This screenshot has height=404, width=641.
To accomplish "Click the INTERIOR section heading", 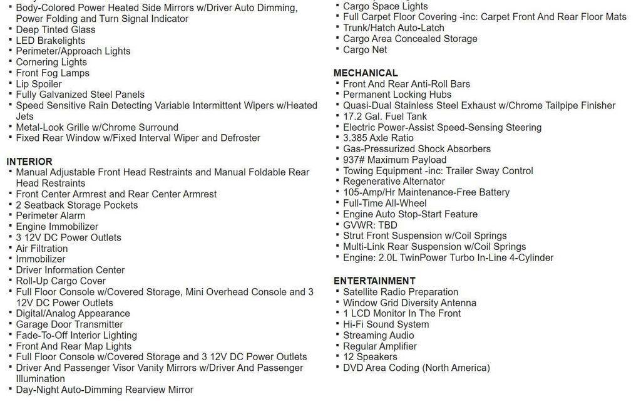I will [29, 162].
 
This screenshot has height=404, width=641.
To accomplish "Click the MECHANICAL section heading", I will [366, 73].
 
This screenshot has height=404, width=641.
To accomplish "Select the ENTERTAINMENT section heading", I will [374, 281].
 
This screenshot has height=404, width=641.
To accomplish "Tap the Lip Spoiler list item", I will [39, 84].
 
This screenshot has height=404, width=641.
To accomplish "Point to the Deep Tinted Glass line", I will [56, 30].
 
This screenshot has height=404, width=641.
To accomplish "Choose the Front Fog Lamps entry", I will [53, 73].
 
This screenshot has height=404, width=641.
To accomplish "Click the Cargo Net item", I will [365, 50].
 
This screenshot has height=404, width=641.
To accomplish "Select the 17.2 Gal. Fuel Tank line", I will [385, 117].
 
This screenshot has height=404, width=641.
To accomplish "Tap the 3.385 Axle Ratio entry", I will [378, 138].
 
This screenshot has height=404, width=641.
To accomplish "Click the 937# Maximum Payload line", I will [395, 160].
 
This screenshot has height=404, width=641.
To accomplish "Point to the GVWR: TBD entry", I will [370, 225].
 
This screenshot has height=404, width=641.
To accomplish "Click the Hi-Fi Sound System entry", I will [386, 324].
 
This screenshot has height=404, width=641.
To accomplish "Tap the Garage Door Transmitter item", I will [69, 324].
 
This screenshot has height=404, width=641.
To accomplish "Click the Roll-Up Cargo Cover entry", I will [61, 281].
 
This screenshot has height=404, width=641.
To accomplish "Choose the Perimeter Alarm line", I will [51, 216].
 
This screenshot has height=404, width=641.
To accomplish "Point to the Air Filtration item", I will [42, 249].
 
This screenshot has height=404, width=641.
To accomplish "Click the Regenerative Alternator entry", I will [394, 182].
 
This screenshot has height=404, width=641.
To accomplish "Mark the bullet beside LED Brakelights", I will [10, 40].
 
